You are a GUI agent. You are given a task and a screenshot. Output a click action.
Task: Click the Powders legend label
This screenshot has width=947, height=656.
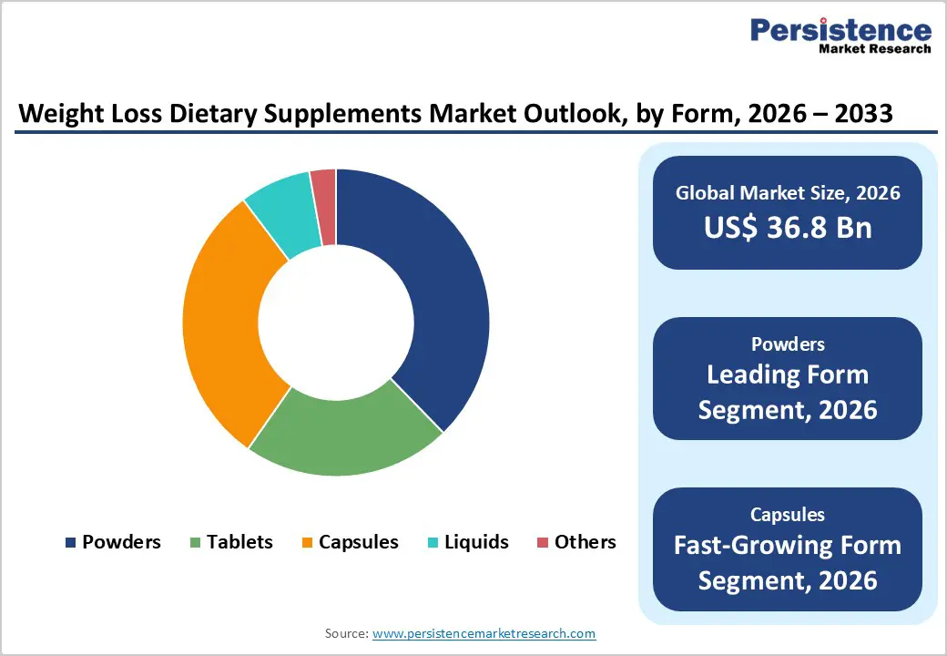click(x=121, y=542)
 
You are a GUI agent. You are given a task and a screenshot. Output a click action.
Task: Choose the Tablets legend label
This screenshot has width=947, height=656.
click(x=239, y=542)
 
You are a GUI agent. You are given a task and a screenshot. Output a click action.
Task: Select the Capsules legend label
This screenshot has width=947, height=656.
click(x=359, y=542)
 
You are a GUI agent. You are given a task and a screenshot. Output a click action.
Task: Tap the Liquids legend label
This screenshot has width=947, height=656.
click(x=477, y=542)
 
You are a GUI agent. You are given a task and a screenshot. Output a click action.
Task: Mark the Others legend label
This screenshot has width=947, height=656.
click(x=586, y=542)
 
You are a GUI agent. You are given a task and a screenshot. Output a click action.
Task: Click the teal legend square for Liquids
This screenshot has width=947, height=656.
click(x=434, y=543)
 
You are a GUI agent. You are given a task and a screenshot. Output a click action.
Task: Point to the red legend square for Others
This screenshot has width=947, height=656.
click(x=543, y=543)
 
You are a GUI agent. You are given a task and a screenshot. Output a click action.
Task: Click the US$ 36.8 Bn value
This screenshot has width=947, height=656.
click(x=788, y=228)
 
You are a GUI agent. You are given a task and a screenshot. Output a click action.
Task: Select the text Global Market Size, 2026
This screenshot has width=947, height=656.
click(x=788, y=193)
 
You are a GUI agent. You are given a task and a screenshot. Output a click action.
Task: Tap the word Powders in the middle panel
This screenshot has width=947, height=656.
click(x=788, y=344)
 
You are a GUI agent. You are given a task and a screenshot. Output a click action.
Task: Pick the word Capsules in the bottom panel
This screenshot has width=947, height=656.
click(x=788, y=515)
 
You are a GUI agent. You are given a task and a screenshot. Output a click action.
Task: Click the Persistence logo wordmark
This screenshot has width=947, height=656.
click(x=840, y=31)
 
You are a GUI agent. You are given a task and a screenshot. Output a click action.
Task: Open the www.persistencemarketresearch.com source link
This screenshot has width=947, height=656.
click(x=484, y=633)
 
